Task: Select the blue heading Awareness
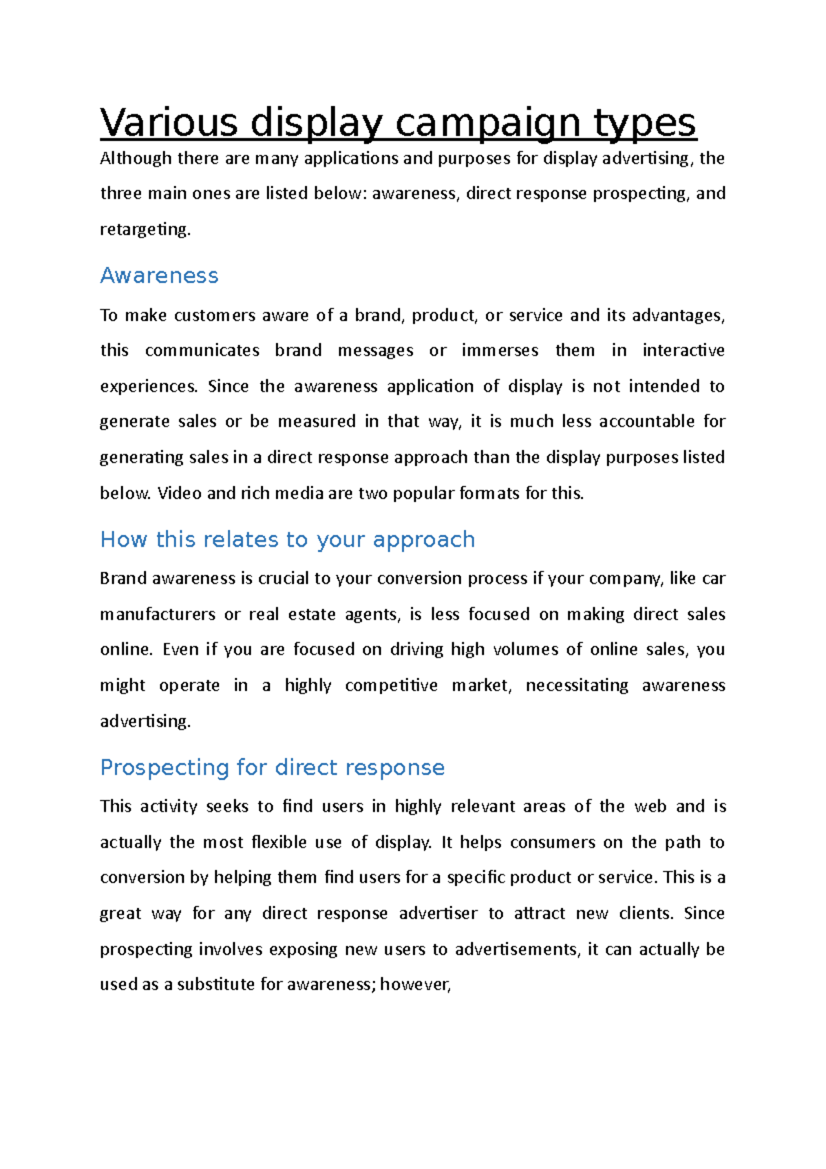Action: click(x=159, y=275)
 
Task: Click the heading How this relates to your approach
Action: click(x=287, y=539)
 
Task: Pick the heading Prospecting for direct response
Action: click(x=272, y=767)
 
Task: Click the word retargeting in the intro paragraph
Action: click(x=144, y=229)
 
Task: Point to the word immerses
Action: click(x=500, y=350)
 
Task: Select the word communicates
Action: click(x=202, y=350)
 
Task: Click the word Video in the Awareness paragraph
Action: click(x=180, y=493)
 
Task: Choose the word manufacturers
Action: click(x=158, y=614)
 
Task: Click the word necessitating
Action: click(x=576, y=686)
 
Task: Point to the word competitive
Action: click(x=391, y=686)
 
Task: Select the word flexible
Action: click(x=278, y=842)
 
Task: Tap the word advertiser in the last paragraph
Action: click(x=438, y=914)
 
